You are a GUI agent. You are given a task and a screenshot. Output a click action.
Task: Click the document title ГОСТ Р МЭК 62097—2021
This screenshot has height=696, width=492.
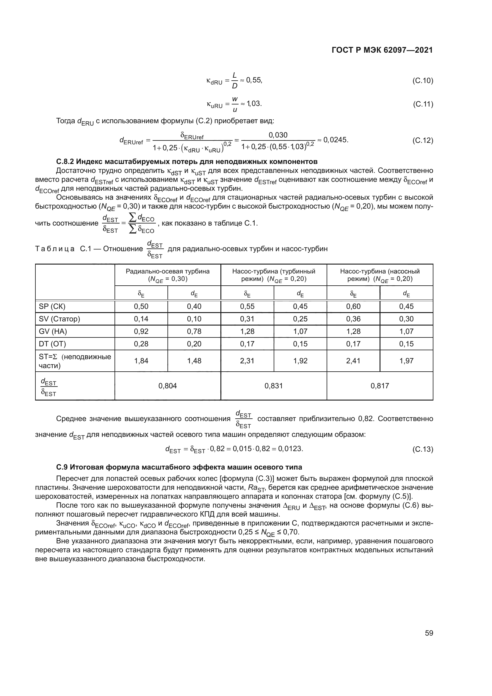tap(382, 50)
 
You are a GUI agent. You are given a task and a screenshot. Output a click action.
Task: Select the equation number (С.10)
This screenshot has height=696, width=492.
tap(423, 81)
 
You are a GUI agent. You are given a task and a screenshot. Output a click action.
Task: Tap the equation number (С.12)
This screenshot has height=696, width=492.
tap(423, 140)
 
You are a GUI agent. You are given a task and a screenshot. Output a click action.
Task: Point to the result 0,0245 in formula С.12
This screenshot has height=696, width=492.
tap(336, 140)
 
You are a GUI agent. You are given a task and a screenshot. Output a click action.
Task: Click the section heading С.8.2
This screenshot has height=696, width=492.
tap(187, 161)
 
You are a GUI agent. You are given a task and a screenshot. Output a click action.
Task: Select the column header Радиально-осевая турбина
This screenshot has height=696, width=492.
tap(167, 275)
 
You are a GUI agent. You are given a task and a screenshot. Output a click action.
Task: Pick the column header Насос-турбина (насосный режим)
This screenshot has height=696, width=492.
tap(380, 275)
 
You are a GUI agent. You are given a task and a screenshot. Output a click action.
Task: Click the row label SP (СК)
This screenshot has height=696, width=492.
tap(52, 306)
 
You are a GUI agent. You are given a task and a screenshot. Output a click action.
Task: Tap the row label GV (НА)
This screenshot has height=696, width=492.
tap(53, 331)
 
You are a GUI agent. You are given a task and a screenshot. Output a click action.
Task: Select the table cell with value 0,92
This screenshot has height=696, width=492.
tap(141, 331)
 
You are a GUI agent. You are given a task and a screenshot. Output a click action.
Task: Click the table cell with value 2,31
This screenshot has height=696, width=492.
tap(247, 361)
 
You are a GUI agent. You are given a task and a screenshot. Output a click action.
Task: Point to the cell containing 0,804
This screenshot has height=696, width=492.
tap(167, 386)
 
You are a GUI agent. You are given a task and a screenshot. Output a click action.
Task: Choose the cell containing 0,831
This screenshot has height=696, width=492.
tap(274, 386)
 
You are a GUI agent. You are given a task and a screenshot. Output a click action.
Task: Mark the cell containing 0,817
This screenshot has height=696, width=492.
tap(380, 386)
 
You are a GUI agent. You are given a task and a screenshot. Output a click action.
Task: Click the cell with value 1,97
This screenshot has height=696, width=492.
tap(406, 361)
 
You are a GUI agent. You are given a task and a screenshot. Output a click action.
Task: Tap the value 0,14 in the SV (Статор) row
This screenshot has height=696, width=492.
tap(141, 319)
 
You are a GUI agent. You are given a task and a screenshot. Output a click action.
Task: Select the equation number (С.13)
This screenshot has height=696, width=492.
tap(423, 449)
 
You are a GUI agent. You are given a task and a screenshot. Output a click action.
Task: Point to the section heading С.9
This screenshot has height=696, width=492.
tap(179, 467)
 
